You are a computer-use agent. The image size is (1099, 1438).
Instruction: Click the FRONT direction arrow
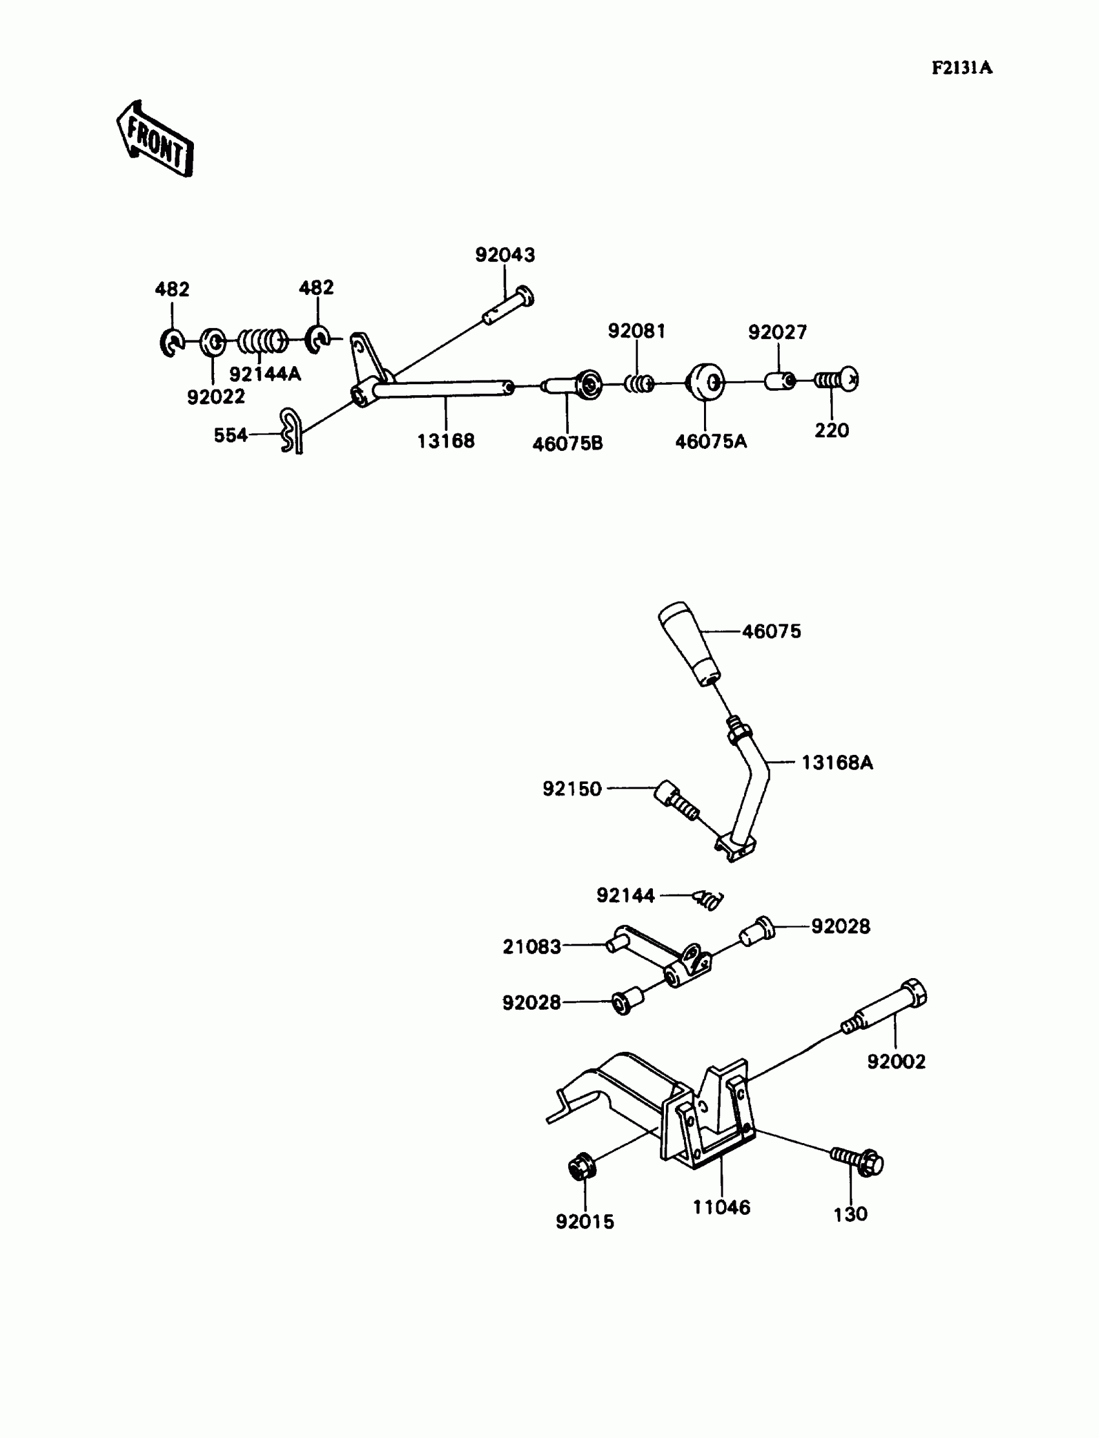click(156, 140)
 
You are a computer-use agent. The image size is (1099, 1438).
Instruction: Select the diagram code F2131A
click(962, 68)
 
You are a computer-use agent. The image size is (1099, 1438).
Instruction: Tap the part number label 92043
click(504, 255)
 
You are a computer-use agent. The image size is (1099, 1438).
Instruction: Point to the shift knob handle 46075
click(688, 643)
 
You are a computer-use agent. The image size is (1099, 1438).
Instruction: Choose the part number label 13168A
click(837, 763)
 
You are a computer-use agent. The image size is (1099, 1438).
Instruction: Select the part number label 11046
click(721, 1208)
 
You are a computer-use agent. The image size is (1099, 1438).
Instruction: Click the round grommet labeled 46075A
click(705, 381)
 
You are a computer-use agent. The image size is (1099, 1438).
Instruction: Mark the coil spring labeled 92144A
click(262, 341)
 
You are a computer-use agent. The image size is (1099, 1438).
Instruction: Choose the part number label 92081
click(636, 331)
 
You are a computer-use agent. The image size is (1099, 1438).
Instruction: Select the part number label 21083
click(531, 946)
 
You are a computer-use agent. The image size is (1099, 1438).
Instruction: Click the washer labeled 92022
click(212, 342)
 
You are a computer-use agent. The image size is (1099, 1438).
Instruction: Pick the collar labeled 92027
click(780, 380)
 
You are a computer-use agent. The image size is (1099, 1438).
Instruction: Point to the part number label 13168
click(445, 441)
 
